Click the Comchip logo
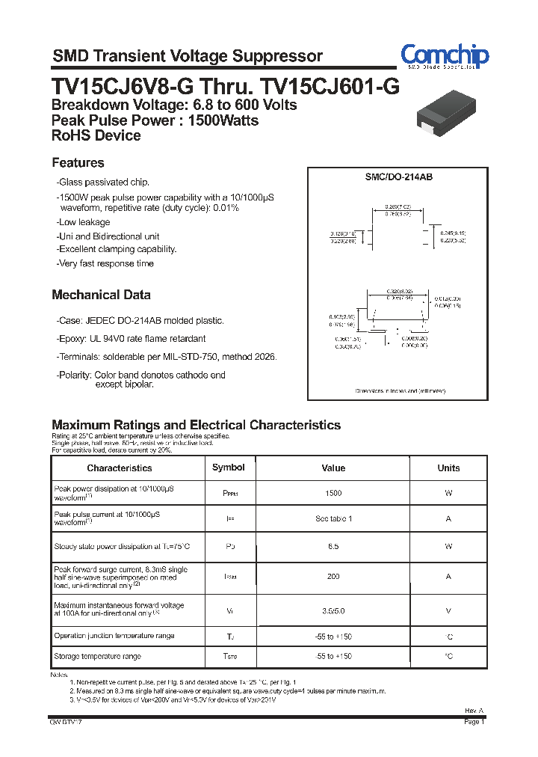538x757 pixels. (x=445, y=56)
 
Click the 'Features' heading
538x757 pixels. (x=78, y=163)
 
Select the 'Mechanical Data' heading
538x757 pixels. (x=101, y=295)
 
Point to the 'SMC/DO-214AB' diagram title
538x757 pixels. (x=399, y=177)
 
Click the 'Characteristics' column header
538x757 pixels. (x=120, y=468)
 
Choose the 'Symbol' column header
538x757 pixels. (x=229, y=468)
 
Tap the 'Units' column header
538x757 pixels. (x=448, y=468)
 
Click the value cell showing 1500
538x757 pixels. (x=333, y=494)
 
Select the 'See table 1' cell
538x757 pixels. (x=333, y=519)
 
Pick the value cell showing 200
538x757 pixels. (x=333, y=577)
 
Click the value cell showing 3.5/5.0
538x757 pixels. (x=333, y=611)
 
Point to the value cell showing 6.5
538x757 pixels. (x=333, y=547)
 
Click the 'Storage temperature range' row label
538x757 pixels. (x=97, y=657)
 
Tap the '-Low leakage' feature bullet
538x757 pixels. (x=83, y=222)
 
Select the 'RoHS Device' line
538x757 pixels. (x=96, y=136)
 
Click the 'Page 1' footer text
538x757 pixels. (x=474, y=723)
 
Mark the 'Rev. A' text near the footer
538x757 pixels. (x=474, y=711)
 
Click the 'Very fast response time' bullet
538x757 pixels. (x=105, y=263)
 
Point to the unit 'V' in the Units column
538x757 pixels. (x=448, y=611)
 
